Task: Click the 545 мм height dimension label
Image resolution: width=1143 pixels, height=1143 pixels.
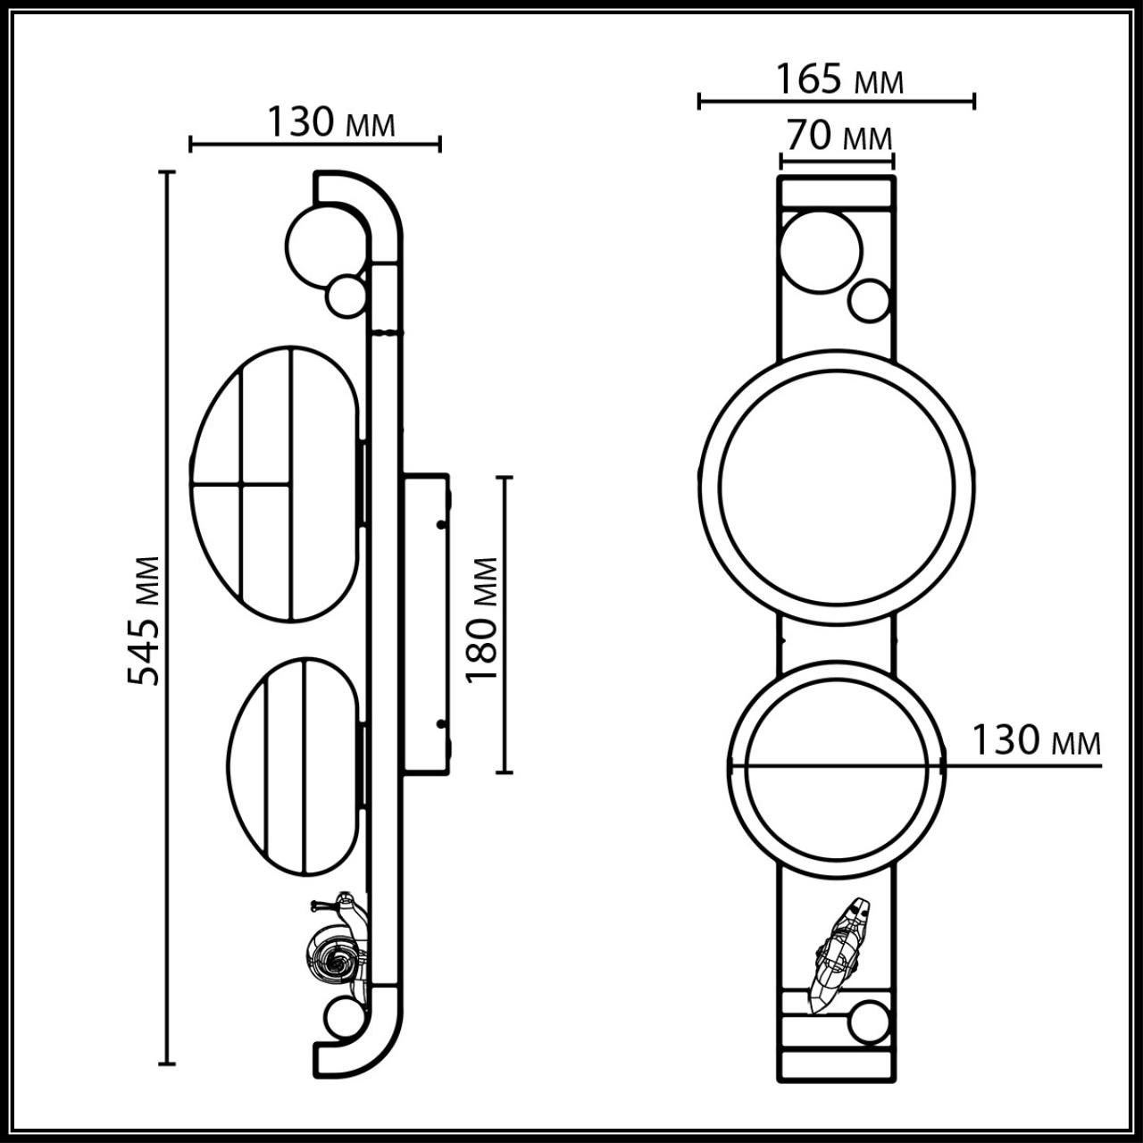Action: coord(143,620)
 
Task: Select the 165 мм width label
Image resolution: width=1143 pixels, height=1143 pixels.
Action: coord(838,79)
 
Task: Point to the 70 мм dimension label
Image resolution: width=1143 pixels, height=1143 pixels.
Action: coord(838,137)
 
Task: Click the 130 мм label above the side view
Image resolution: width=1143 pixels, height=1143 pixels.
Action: coord(330,122)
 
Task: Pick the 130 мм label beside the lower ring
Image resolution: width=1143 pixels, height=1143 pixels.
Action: coord(1036,741)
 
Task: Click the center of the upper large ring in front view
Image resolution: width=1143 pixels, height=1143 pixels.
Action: coord(836,488)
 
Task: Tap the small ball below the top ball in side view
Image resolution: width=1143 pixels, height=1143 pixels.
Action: coord(346,296)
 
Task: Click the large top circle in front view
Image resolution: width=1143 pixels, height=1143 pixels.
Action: coord(821,251)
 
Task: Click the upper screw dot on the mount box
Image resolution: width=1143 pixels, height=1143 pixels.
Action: coord(440,525)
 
